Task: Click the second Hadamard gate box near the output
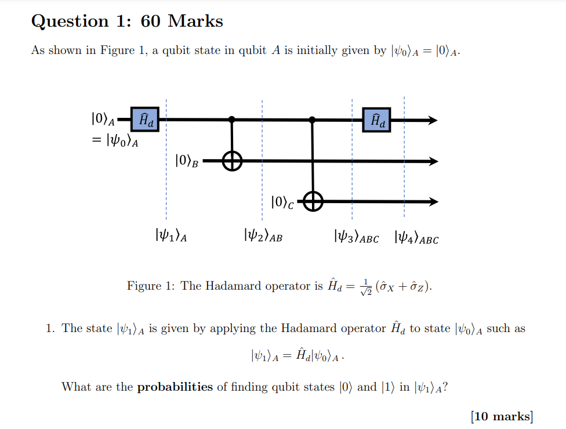pyautogui.click(x=376, y=120)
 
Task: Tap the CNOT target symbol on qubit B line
pyautogui.click(x=232, y=161)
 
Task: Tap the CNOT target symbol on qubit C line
pyautogui.click(x=313, y=201)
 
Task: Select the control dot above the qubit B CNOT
pyautogui.click(x=232, y=120)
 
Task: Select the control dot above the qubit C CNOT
pyautogui.click(x=313, y=120)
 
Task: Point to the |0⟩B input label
pyautogui.click(x=187, y=161)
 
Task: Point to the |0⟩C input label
pyautogui.click(x=282, y=202)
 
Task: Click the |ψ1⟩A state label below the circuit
pyautogui.click(x=170, y=236)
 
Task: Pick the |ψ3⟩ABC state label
pyautogui.click(x=356, y=237)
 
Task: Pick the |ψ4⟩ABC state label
pyautogui.click(x=416, y=237)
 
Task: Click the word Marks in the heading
pyautogui.click(x=195, y=21)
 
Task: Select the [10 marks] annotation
pyautogui.click(x=502, y=416)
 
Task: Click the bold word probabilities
pyautogui.click(x=175, y=387)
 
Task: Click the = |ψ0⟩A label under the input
pyautogui.click(x=115, y=140)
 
